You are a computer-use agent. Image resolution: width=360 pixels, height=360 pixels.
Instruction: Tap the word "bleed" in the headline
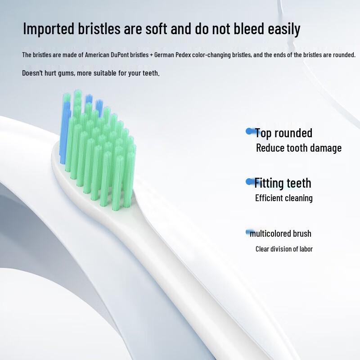point(235,29)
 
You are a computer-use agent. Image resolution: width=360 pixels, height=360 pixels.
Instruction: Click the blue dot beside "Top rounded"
point(249,131)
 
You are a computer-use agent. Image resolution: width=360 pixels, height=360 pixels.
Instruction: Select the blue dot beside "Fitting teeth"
point(249,181)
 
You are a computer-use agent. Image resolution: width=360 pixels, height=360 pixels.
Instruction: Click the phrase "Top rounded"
point(283,133)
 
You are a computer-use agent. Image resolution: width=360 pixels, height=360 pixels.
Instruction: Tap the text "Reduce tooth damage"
point(298,148)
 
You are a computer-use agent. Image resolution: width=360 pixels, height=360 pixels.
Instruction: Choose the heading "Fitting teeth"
point(283,183)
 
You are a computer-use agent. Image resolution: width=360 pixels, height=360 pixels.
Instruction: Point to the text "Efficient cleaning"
point(283,198)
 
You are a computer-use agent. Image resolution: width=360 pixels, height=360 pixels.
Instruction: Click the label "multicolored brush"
point(281,234)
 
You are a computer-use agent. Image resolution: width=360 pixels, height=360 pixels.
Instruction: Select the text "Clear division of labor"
point(284,249)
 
